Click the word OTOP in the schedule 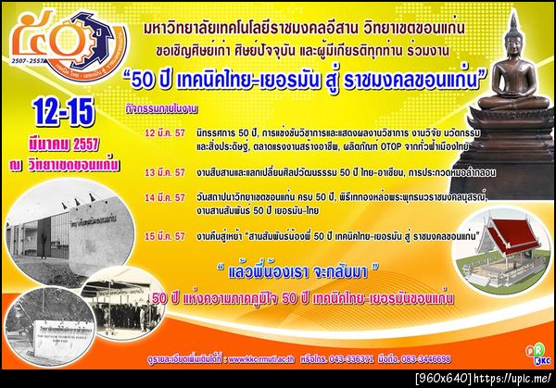pos(356,145)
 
